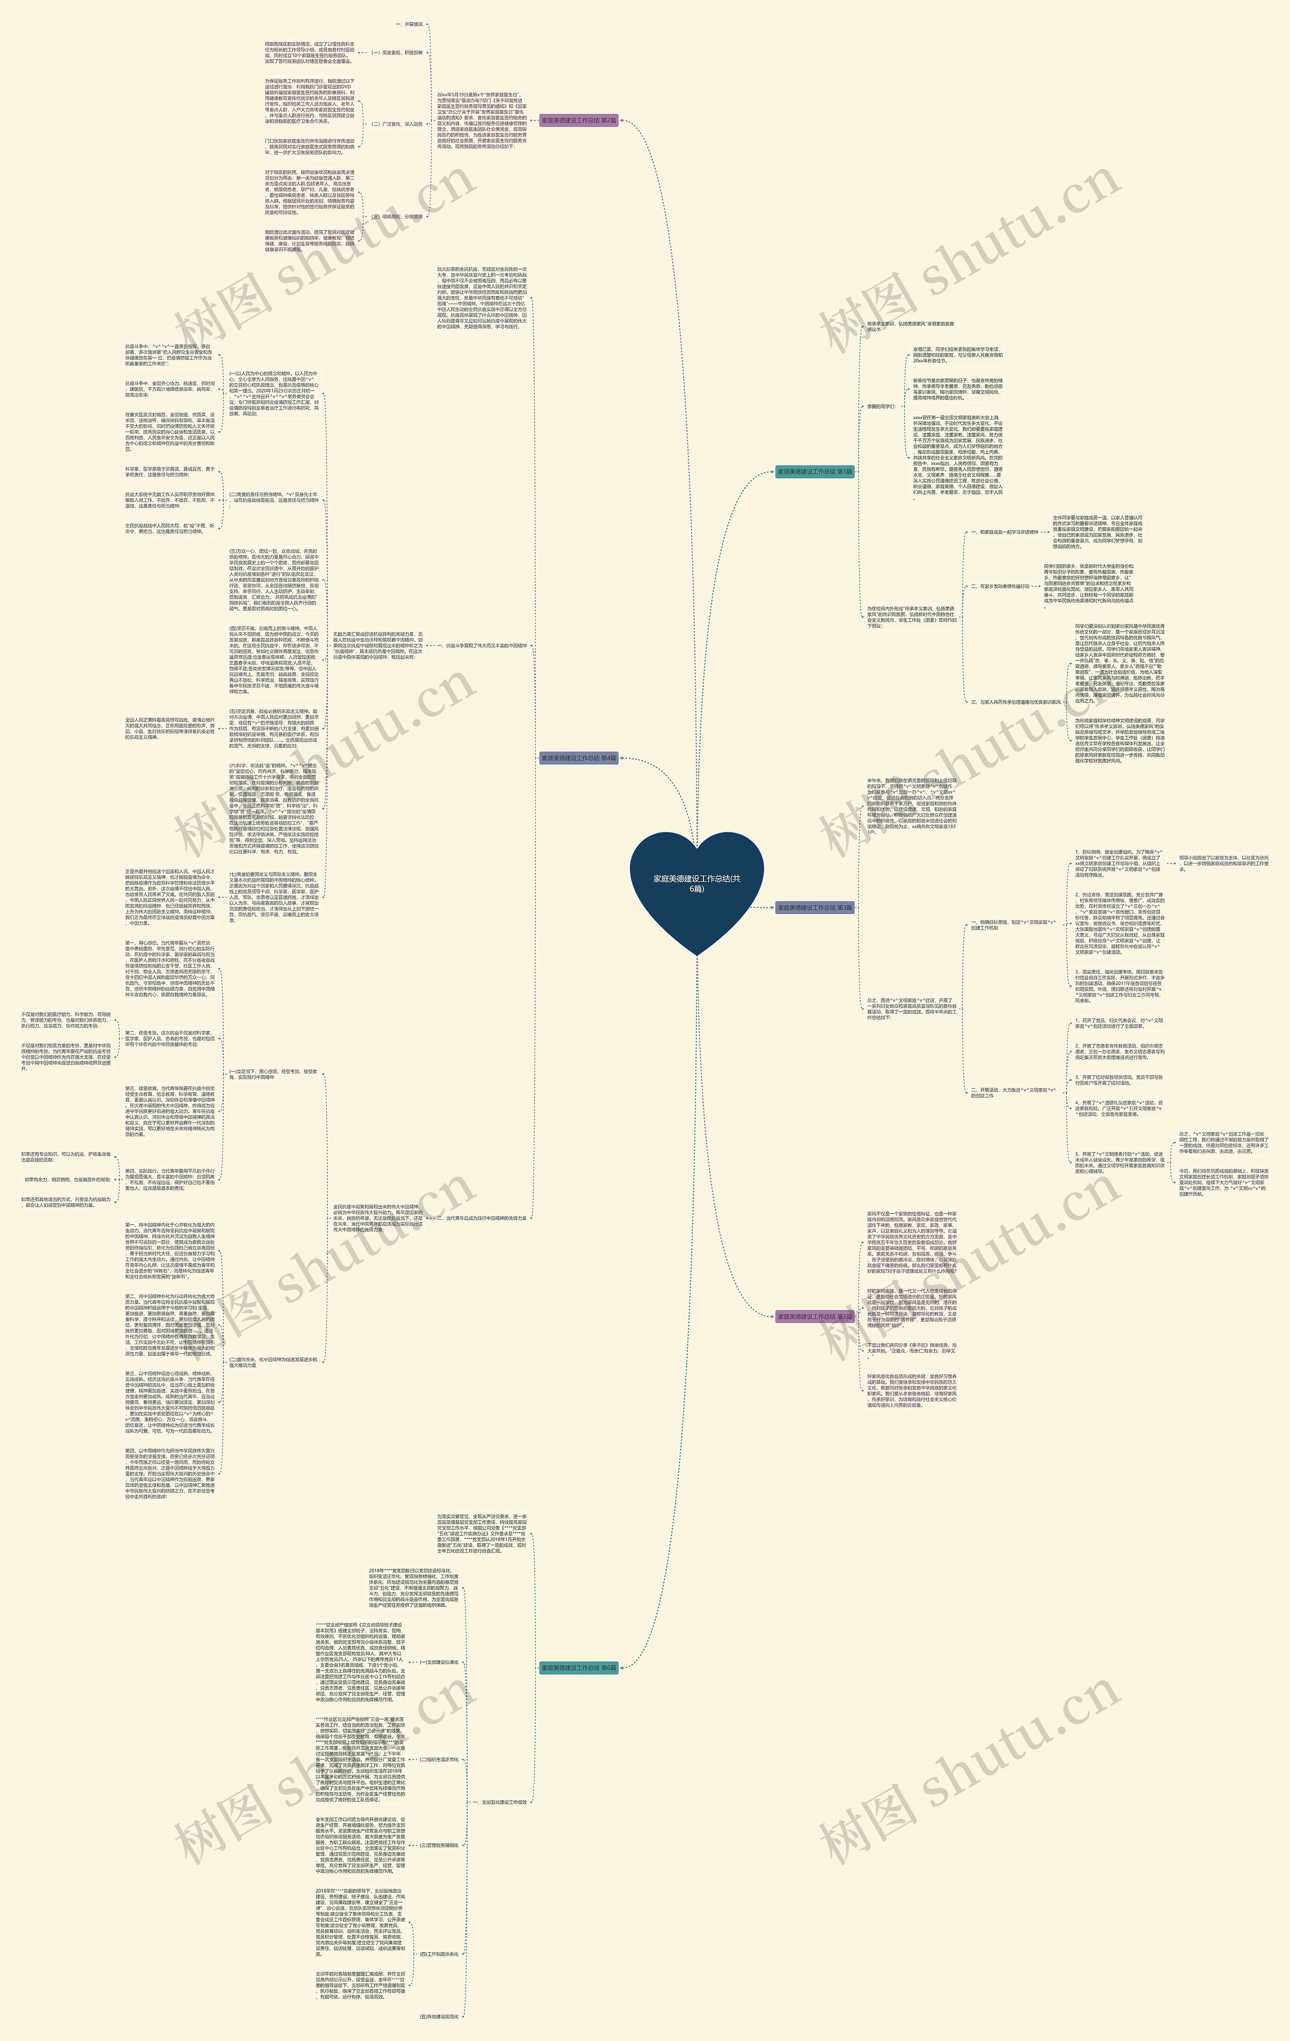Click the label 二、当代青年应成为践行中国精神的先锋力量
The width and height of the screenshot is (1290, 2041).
pyautogui.click(x=486, y=1218)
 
